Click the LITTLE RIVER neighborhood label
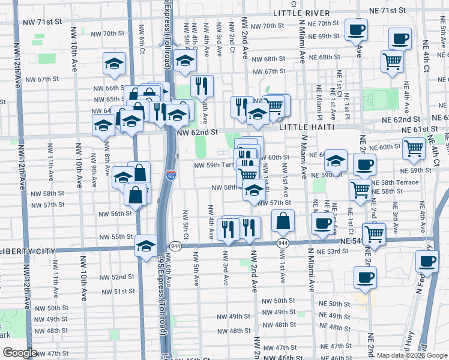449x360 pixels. pos(301,13)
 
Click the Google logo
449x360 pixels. pos(20,353)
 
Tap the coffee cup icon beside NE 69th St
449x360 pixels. pos(356,29)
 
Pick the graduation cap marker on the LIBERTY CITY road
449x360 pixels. pos(146,246)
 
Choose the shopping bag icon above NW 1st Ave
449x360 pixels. pos(283,220)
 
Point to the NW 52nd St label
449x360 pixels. pos(117,277)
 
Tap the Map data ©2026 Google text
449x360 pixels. pos(411,355)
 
